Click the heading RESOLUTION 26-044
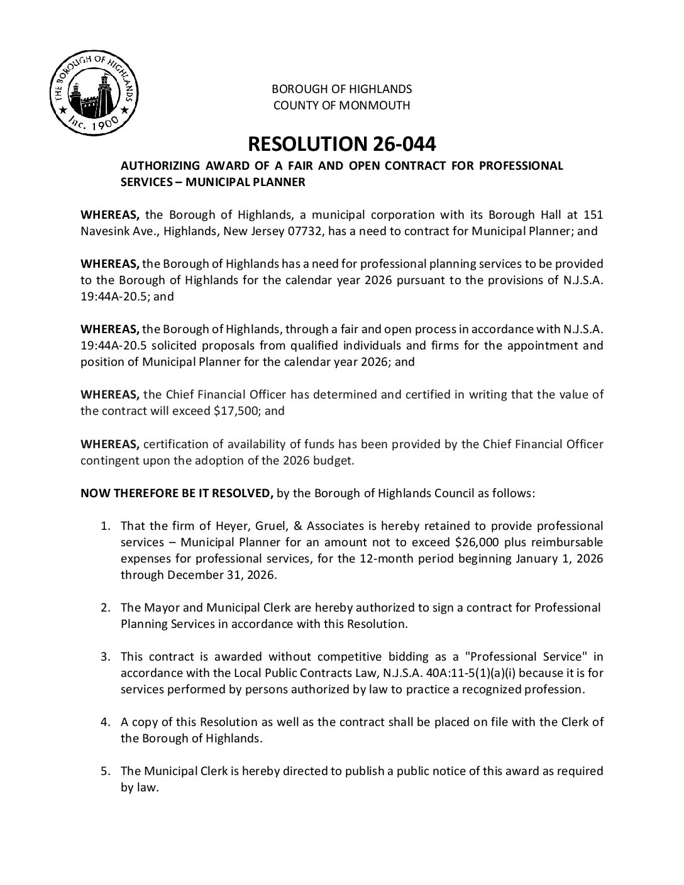[x=341, y=144]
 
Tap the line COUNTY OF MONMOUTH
[x=341, y=106]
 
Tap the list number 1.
[x=106, y=525]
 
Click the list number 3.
[x=106, y=657]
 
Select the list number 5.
[x=106, y=771]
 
